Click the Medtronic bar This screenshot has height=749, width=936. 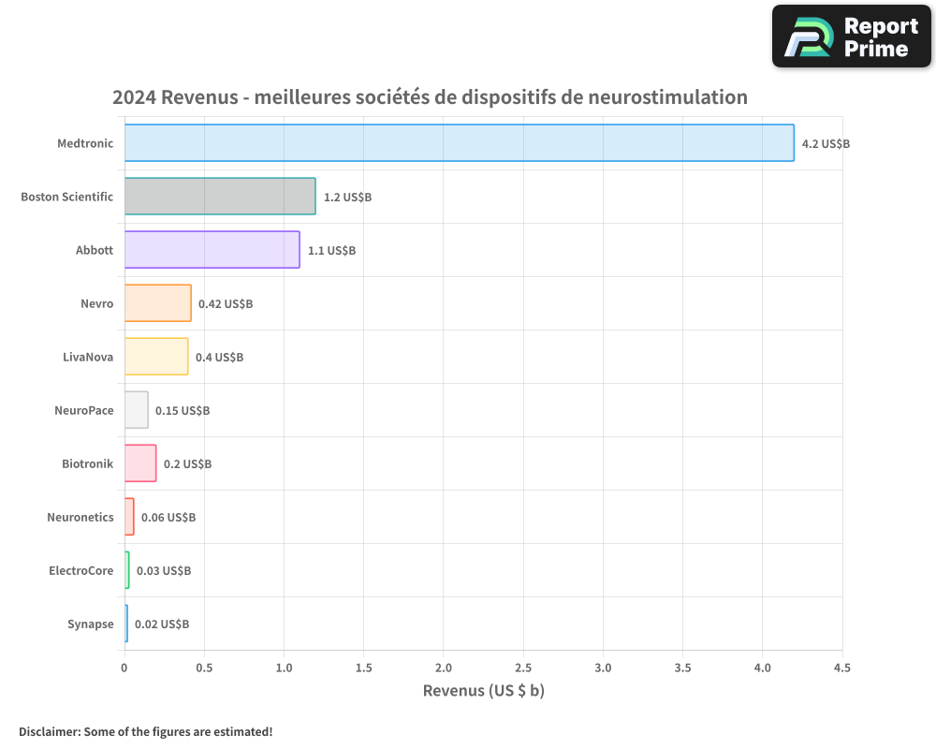(x=459, y=143)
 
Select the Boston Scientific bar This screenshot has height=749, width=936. (x=220, y=197)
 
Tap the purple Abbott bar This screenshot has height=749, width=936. (x=212, y=250)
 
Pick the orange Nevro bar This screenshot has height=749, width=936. (x=157, y=303)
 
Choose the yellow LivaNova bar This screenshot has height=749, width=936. (x=156, y=357)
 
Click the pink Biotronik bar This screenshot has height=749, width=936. (x=140, y=463)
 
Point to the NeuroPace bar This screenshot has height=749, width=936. (x=137, y=410)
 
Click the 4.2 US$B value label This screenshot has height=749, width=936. (x=826, y=144)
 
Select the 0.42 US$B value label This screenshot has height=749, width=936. (x=226, y=304)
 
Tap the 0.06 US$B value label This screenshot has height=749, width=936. (x=168, y=518)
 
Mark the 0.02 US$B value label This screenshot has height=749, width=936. (x=162, y=624)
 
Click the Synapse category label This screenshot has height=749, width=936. (x=90, y=624)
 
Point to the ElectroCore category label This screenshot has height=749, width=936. (x=81, y=571)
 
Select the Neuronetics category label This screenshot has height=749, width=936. (x=80, y=518)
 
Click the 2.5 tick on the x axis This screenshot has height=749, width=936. (x=523, y=668)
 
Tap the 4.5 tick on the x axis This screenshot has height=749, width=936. (x=842, y=668)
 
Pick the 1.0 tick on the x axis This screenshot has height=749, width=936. (x=284, y=668)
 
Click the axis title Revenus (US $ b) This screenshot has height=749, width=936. (x=483, y=691)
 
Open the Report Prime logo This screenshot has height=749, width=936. (x=852, y=37)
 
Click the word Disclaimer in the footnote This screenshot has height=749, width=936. (x=48, y=732)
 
